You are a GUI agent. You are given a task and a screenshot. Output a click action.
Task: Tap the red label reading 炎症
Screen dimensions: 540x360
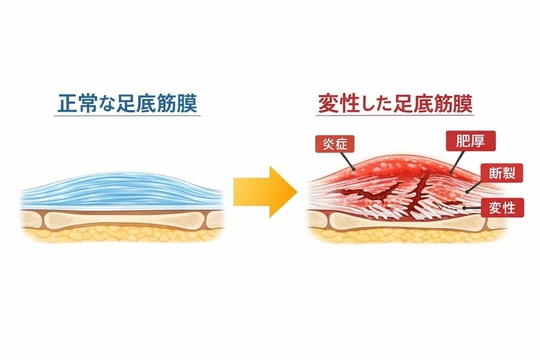pos(334,144)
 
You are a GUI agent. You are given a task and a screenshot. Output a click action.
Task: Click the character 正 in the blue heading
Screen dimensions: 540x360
pos(65,103)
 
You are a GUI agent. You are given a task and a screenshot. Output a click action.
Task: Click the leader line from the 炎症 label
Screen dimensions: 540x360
pos(346,157)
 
